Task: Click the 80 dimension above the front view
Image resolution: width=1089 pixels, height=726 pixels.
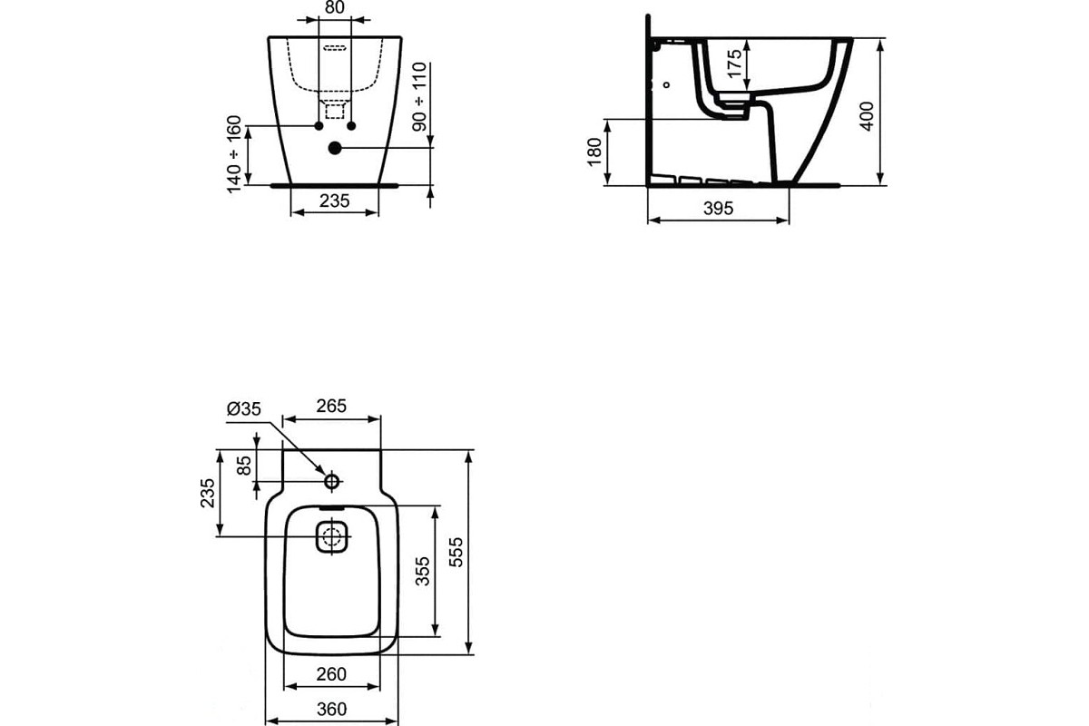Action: click(x=334, y=7)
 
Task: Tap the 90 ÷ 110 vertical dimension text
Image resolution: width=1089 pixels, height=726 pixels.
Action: click(x=419, y=97)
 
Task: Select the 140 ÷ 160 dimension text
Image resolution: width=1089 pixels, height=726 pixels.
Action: click(x=234, y=154)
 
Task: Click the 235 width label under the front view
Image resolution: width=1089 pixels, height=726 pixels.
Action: click(x=335, y=201)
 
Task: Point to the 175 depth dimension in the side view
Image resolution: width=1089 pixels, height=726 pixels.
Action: click(x=734, y=63)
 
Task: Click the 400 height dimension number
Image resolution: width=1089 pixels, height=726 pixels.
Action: click(x=867, y=116)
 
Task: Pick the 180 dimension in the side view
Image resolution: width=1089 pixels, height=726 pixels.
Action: click(x=594, y=152)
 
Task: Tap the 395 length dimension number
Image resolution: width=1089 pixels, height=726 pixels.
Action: click(x=718, y=209)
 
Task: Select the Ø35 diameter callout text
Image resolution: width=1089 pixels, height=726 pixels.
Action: click(x=244, y=409)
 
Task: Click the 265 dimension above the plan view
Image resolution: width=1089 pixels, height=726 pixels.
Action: click(x=331, y=406)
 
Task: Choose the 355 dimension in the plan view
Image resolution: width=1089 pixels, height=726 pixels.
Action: click(x=423, y=572)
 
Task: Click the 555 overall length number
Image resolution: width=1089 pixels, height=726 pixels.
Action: click(x=456, y=553)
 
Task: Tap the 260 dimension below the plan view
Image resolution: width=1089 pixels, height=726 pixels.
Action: click(x=331, y=674)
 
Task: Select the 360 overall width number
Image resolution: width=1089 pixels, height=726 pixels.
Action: click(x=331, y=710)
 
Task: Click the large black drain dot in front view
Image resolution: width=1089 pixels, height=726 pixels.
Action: click(x=335, y=148)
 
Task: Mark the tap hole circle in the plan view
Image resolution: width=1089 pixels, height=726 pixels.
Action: click(x=332, y=481)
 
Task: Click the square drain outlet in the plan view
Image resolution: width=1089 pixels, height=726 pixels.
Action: click(x=331, y=536)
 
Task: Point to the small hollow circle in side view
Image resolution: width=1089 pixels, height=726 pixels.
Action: click(x=666, y=84)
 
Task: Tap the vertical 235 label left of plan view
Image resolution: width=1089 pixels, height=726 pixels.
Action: click(x=208, y=493)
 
